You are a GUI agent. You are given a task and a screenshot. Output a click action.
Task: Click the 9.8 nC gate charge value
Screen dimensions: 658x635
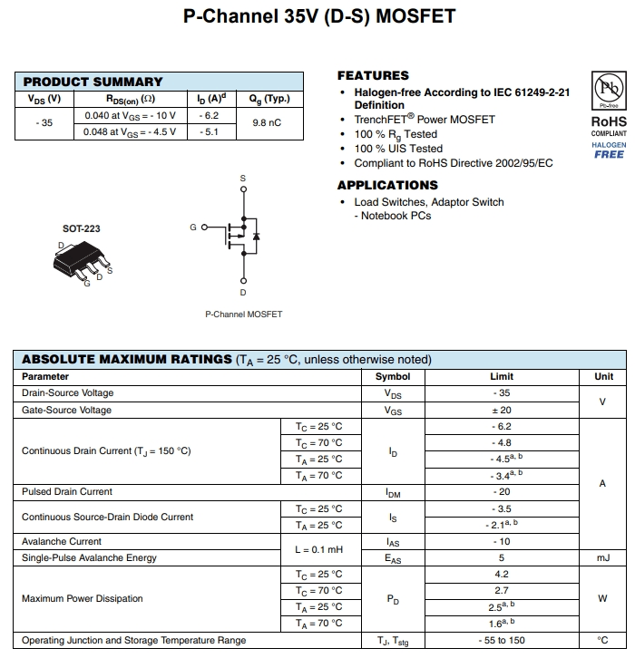[x=267, y=123]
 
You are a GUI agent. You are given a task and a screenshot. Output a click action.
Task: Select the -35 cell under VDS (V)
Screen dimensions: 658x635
[x=44, y=123]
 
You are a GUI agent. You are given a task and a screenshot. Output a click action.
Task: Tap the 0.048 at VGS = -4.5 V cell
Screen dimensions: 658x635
[x=130, y=131]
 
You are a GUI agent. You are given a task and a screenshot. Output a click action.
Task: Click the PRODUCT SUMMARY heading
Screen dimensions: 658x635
[x=93, y=82]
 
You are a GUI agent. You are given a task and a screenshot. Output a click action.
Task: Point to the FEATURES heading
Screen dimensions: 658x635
[x=373, y=75]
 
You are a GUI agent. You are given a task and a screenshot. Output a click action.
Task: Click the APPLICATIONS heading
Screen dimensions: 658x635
[x=387, y=185]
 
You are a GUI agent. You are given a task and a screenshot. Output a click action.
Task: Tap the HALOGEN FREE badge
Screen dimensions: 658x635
[x=609, y=150]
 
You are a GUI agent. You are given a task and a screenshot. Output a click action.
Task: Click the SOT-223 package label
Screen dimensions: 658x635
[x=82, y=228]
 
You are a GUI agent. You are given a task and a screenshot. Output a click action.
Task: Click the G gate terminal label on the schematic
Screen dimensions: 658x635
[x=193, y=227]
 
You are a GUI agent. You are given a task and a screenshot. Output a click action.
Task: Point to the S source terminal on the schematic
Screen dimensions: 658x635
[x=242, y=179]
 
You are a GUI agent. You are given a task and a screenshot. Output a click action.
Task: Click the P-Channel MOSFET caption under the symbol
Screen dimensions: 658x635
[x=243, y=314]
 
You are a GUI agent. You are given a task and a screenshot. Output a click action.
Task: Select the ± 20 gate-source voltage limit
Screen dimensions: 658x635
[x=502, y=410]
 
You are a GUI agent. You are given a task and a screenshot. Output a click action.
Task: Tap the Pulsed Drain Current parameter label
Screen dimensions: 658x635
[x=67, y=492]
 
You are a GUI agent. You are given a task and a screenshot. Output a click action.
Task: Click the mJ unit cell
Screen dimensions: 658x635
[x=603, y=558]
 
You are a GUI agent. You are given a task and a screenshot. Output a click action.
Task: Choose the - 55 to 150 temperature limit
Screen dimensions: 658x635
[x=502, y=641]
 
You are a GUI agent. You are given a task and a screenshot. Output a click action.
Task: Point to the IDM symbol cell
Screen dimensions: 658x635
[x=393, y=492]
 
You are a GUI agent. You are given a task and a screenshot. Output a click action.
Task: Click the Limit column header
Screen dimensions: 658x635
[x=502, y=376]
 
